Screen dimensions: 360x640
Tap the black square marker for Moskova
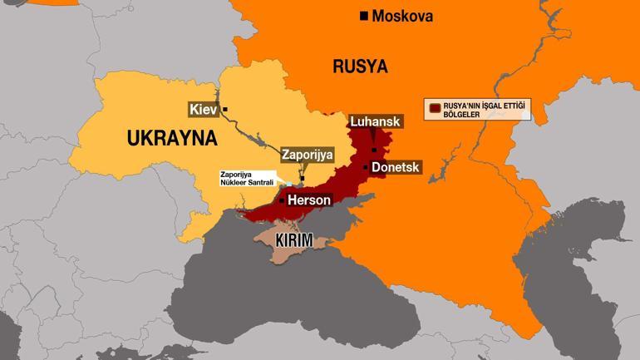click(363, 16)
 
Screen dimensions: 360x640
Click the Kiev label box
click(203, 110)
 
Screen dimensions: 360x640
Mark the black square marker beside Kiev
click(225, 110)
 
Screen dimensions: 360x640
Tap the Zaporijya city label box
click(308, 154)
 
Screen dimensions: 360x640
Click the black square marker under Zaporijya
click(303, 178)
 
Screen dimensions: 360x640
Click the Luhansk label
click(376, 121)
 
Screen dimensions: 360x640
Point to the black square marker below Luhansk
click(374, 150)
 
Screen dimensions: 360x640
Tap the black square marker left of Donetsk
click(365, 167)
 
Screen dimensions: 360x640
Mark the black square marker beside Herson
click(283, 200)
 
